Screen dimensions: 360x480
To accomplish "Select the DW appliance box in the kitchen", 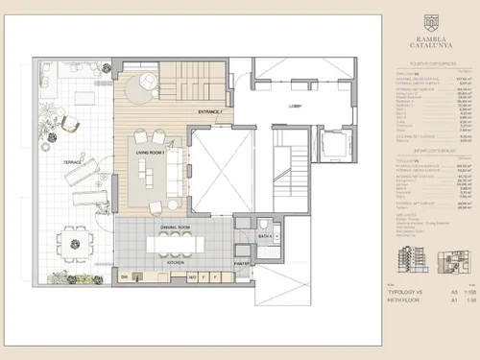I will [126, 276].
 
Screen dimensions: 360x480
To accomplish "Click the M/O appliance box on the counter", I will [193, 276].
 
